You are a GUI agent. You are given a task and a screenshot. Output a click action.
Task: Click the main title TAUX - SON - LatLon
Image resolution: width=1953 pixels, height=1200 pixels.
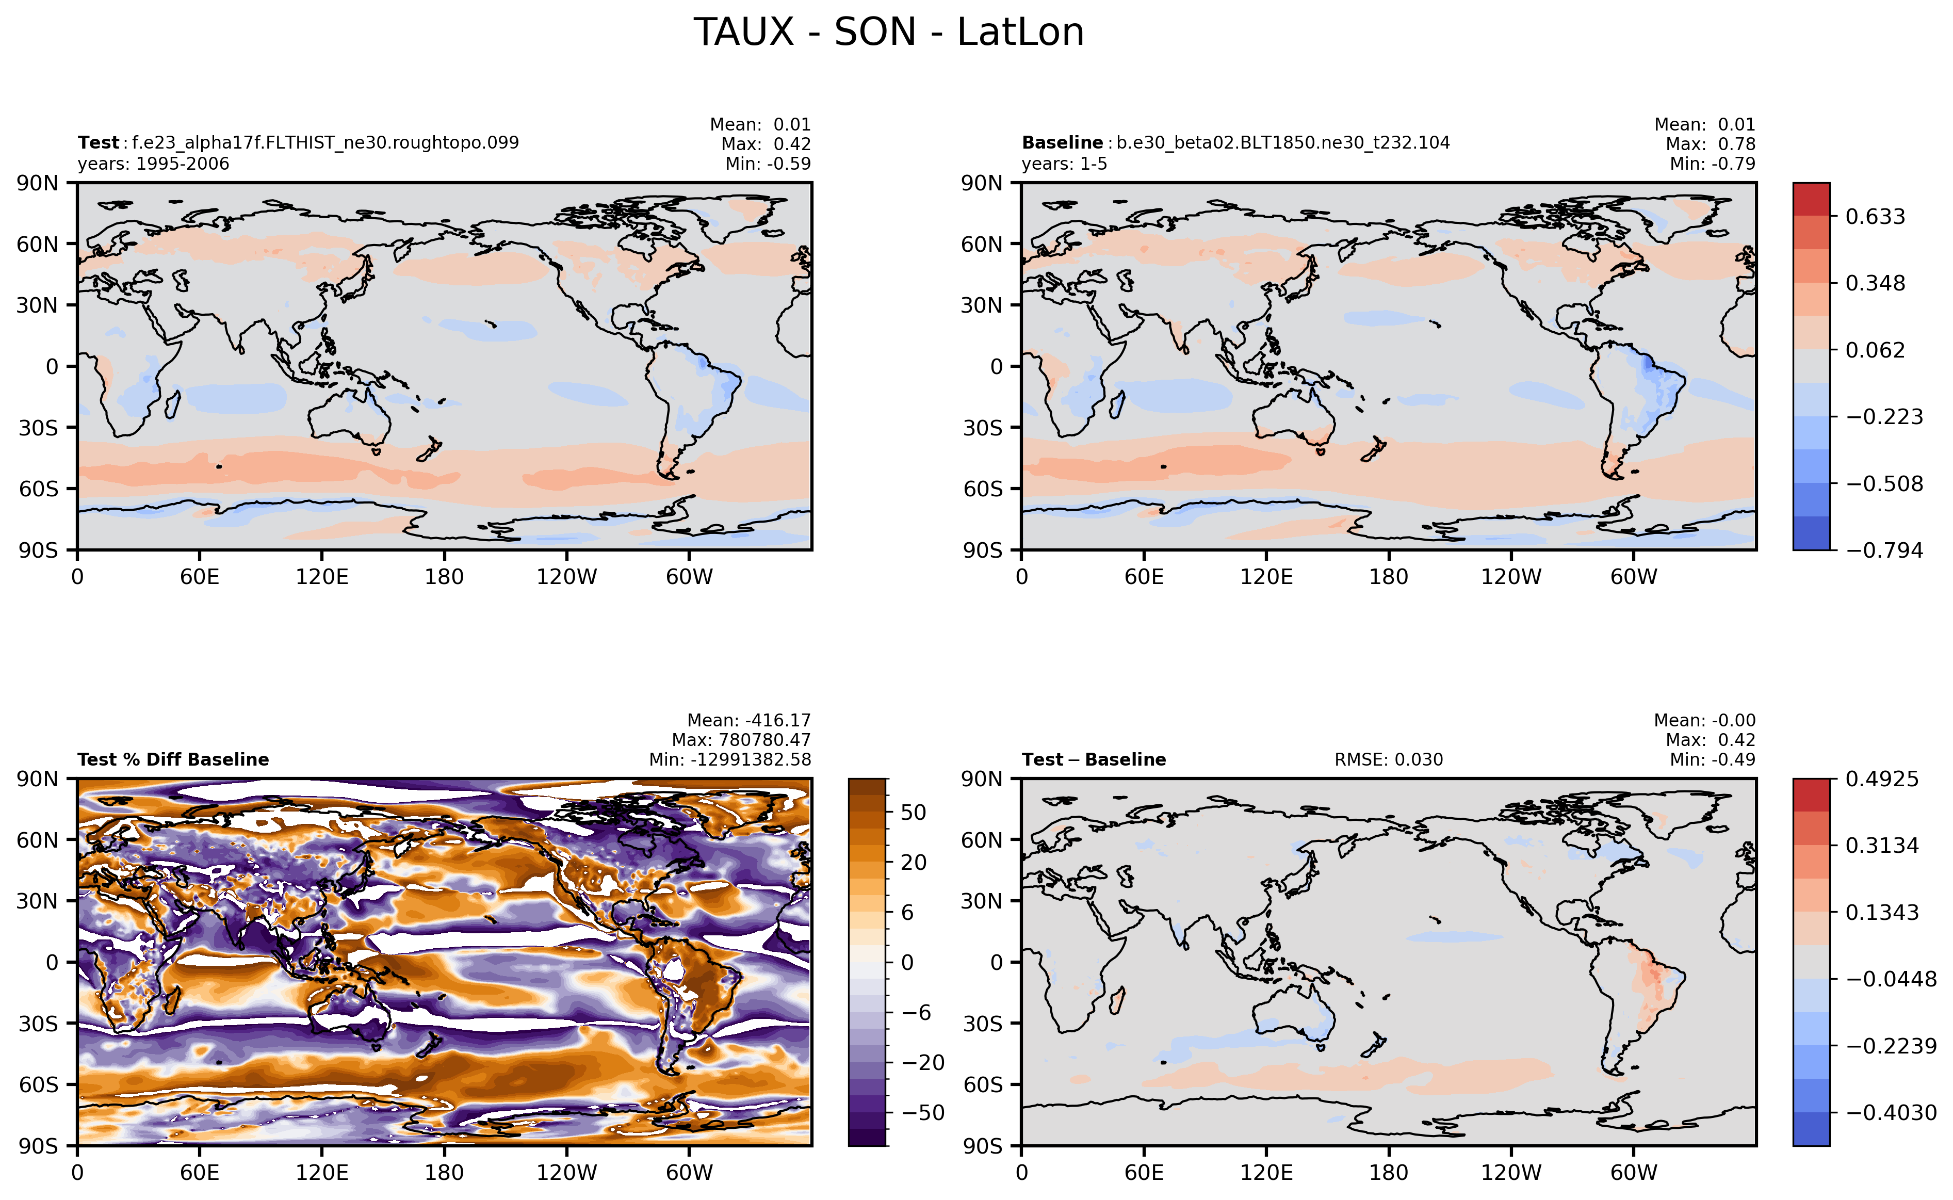coord(889,33)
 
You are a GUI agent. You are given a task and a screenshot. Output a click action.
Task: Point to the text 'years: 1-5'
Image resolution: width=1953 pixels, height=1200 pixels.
coord(1064,164)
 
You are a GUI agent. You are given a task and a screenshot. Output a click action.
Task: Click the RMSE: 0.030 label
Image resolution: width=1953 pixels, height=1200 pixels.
coord(1389,759)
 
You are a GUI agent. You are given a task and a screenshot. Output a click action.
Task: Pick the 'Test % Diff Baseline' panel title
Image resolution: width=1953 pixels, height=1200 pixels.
coord(173,759)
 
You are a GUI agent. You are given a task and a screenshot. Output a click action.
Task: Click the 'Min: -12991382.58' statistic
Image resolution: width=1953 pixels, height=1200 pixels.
coord(730,759)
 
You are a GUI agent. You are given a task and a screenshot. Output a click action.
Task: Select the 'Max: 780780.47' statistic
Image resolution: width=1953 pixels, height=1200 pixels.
coord(741,740)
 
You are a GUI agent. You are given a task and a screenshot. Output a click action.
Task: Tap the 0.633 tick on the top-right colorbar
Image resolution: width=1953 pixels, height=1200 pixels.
coord(1875,217)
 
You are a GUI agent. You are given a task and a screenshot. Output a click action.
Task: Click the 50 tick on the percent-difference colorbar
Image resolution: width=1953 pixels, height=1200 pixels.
coord(914,813)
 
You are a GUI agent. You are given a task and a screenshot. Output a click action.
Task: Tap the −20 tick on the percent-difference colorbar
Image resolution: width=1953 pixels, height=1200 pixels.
coord(923,1063)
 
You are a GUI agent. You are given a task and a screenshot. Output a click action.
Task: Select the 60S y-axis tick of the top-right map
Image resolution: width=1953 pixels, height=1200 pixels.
coord(983,489)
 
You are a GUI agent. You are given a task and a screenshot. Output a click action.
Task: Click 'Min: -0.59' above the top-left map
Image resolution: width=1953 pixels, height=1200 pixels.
coord(768,164)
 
